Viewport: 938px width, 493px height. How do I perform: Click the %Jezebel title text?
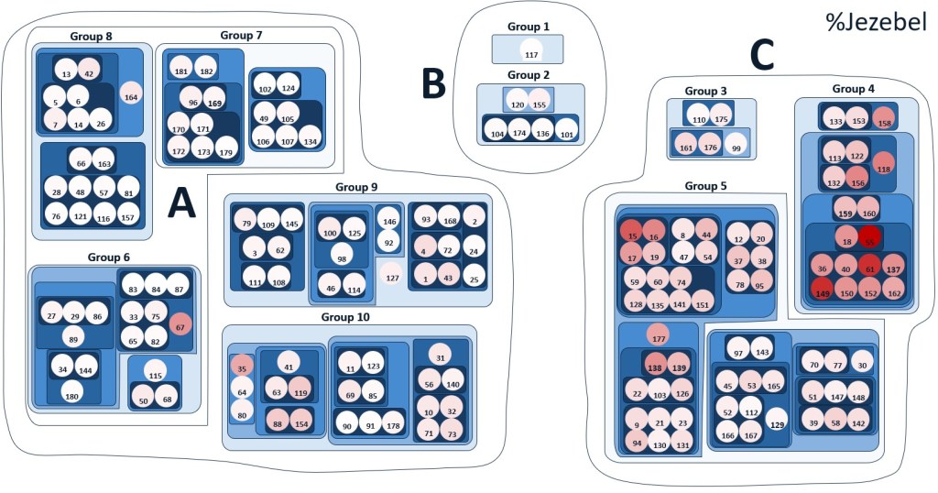point(874,20)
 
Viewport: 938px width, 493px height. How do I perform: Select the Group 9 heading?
point(356,187)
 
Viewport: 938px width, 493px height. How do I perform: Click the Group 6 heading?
point(109,257)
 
